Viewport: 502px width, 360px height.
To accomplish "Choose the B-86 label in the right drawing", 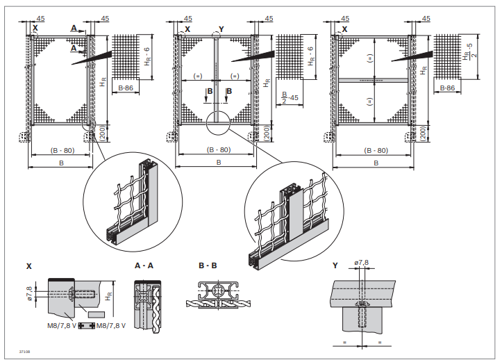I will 448,89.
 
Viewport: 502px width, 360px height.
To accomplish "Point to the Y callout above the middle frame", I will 221,29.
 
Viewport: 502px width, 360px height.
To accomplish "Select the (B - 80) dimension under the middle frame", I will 218,149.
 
